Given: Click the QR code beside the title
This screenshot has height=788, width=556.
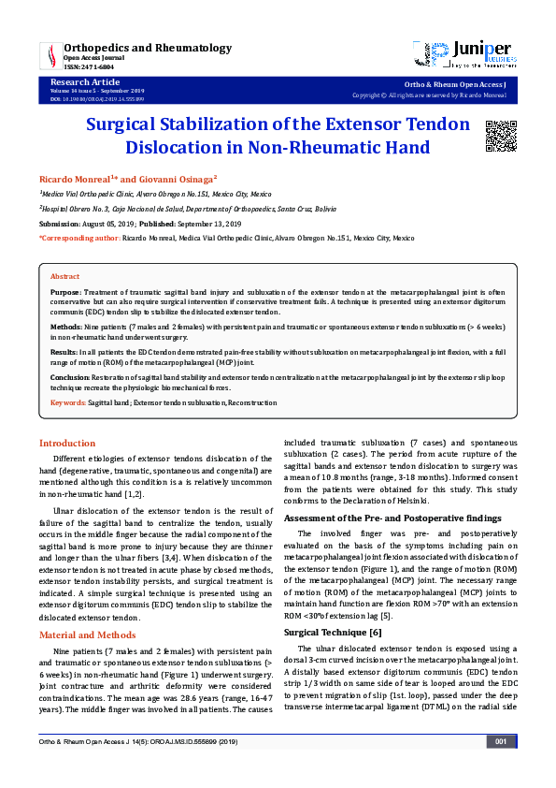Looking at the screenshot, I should pos(500,136).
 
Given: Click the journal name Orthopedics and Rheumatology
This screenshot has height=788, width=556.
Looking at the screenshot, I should pos(147,47).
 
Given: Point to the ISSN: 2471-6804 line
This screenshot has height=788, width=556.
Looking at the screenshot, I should pos(92,66).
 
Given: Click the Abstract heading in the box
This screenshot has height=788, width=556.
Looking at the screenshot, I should pos(64,277).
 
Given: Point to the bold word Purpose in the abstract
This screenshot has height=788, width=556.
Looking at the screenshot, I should pos(65,292).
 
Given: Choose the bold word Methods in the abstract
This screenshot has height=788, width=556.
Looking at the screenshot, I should pos(66,328).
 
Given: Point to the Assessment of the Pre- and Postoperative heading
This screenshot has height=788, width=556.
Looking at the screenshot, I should pos(392,518).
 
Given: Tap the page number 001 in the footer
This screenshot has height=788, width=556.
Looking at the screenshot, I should pos(500,769).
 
